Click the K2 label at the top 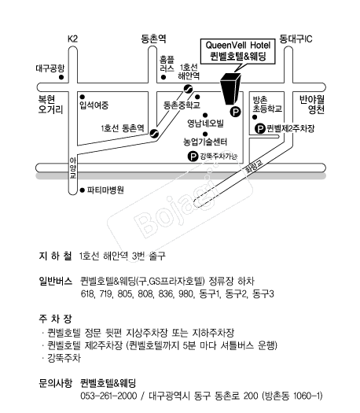coord(72,39)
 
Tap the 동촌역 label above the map coord(153,39)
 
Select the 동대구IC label coord(296,39)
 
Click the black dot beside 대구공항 coord(61,77)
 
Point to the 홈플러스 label coord(167,64)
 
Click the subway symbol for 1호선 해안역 coord(189,89)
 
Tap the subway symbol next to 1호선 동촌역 coord(154,133)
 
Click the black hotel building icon coord(231,88)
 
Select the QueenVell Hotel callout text coord(238,50)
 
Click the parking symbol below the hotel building coord(236,112)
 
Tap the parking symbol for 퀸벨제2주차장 coord(260,129)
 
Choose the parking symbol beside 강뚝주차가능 coord(193,157)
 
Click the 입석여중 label coord(94,105)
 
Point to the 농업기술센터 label coord(205,142)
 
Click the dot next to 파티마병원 coord(83,190)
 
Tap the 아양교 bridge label coord(73,168)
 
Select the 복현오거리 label coord(50,105)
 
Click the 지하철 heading coord(55,256)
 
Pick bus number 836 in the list coord(166,293)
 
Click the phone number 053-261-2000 coord(108,396)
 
